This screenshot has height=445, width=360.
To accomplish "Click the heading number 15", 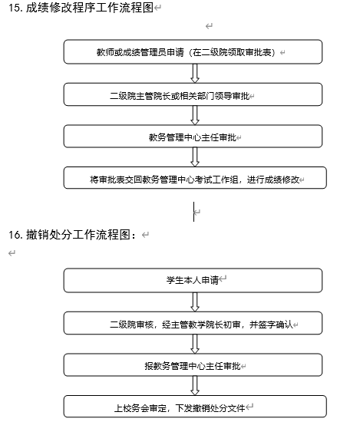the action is (x=15, y=8).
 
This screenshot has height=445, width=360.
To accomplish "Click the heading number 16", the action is (x=15, y=235).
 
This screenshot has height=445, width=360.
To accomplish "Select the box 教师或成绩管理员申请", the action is (x=193, y=51).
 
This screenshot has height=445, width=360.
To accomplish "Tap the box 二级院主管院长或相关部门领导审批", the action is (x=193, y=94).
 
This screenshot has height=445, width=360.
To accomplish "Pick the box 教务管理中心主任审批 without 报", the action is (x=193, y=137).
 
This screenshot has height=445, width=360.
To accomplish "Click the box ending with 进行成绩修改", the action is (x=195, y=178).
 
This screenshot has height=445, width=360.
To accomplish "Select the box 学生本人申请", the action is (x=193, y=280).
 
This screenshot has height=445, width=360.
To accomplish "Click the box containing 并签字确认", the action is (x=193, y=323).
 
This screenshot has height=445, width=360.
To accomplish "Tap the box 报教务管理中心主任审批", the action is (x=193, y=365).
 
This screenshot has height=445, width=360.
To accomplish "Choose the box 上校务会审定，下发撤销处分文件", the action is (x=195, y=407).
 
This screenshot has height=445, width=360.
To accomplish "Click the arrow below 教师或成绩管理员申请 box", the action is (x=195, y=74).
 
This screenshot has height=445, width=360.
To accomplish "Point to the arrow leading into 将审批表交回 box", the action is (x=195, y=157).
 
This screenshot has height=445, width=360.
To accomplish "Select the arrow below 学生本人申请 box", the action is (x=195, y=302).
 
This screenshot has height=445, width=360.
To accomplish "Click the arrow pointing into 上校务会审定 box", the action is (x=195, y=386).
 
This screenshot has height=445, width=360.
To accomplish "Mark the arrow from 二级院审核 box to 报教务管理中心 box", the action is (x=195, y=344).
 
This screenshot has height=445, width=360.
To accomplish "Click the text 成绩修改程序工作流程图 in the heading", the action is (x=90, y=8).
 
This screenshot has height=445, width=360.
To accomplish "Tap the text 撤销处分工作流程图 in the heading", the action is (x=78, y=235).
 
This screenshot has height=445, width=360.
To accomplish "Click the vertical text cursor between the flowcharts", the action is (x=193, y=212).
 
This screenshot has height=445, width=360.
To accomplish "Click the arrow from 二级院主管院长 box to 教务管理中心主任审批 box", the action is (x=195, y=115).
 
